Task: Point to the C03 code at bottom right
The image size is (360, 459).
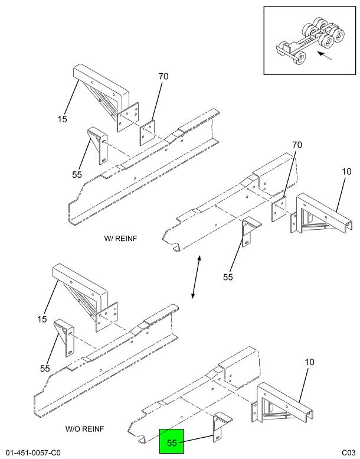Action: [348, 453]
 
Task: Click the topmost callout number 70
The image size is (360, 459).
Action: [163, 76]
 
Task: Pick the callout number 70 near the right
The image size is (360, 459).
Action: [297, 145]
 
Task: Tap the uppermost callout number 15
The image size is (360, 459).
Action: [62, 119]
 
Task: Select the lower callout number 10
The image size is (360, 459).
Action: [309, 362]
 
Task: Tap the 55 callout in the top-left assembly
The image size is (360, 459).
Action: [77, 175]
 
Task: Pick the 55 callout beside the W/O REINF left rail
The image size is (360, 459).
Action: [45, 368]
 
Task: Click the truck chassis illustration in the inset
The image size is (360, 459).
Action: [302, 43]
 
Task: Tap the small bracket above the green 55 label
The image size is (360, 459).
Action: [219, 426]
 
